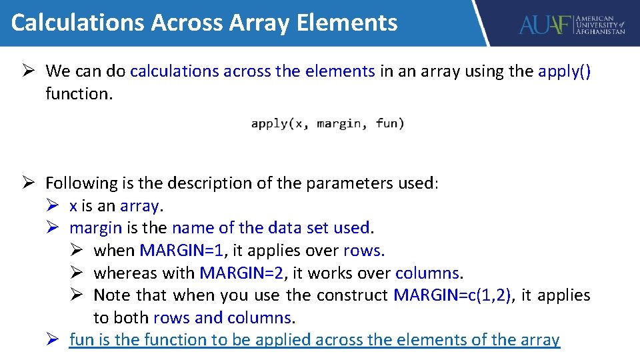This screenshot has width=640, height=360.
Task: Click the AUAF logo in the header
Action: tap(571, 25)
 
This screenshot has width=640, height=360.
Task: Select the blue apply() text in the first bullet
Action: tap(564, 71)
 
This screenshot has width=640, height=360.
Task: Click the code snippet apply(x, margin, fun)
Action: tap(327, 123)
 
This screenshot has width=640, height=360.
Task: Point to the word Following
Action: tap(81, 183)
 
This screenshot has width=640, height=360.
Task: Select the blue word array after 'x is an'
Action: tap(139, 206)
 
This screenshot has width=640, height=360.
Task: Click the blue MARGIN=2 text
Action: tap(242, 273)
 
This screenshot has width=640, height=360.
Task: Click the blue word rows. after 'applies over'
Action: tap(364, 251)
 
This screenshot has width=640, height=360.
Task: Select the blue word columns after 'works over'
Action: tap(427, 273)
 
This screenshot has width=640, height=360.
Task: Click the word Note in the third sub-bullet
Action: tap(112, 295)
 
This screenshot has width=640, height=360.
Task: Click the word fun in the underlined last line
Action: tap(81, 340)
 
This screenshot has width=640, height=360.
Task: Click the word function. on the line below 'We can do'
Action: tap(79, 94)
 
